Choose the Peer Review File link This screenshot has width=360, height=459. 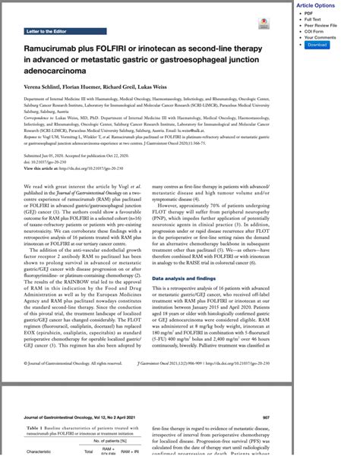tap(319, 26)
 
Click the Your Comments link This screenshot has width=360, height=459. tap(320, 38)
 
